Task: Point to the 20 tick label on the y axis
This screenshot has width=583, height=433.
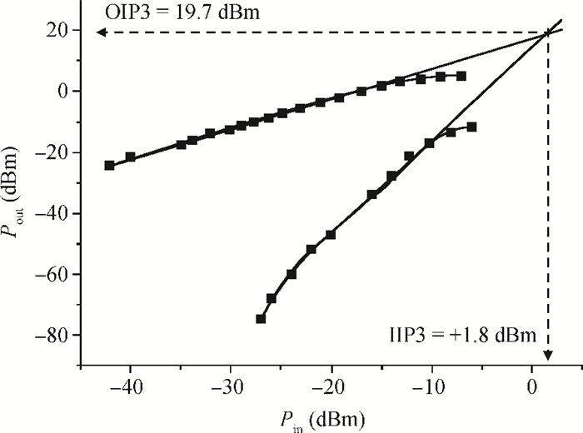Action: point(61,31)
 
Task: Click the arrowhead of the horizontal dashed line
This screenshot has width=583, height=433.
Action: point(98,32)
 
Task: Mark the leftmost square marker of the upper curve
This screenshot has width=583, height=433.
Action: point(109,165)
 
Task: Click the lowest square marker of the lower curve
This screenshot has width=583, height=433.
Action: point(261,319)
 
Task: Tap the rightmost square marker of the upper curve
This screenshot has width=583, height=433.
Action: point(461,76)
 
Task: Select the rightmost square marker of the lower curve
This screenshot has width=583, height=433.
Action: point(471,127)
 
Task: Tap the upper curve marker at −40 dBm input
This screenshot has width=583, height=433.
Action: point(130,157)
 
